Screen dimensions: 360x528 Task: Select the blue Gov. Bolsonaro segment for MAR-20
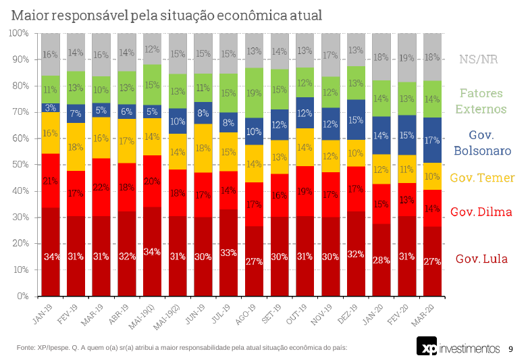(x=433, y=140)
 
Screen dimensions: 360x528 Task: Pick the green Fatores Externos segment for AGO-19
(x=255, y=93)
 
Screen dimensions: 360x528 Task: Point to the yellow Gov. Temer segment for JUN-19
(x=203, y=148)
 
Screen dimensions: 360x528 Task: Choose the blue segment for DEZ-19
(x=357, y=120)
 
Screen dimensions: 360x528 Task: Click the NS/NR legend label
(x=478, y=59)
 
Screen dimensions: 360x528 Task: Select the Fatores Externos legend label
(x=481, y=101)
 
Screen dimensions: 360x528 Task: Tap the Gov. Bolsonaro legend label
(x=481, y=143)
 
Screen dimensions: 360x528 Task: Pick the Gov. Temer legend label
(x=481, y=178)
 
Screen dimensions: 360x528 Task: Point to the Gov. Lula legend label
(x=481, y=259)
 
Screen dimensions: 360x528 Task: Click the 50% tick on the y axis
(x=19, y=165)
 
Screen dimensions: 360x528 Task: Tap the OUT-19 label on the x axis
(x=300, y=311)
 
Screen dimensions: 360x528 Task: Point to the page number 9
(x=510, y=349)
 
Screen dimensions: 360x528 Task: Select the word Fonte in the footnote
(x=26, y=347)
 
